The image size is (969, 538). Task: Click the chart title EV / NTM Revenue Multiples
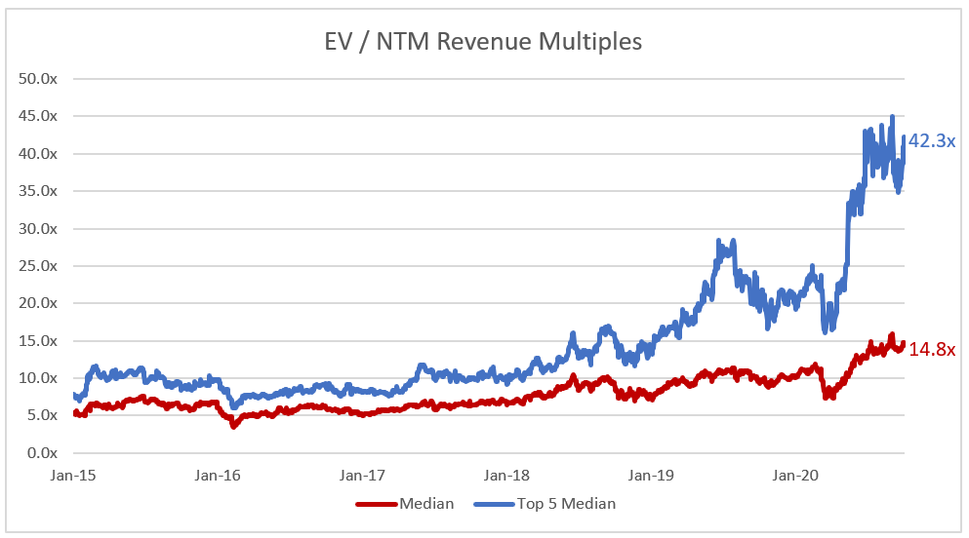(483, 42)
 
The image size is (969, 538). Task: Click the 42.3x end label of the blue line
(932, 141)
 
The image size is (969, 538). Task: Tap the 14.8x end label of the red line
(932, 349)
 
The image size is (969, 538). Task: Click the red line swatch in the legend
(376, 504)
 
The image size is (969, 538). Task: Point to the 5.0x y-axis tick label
(42, 415)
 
